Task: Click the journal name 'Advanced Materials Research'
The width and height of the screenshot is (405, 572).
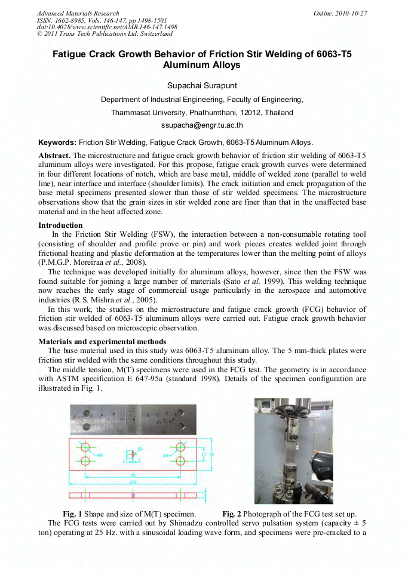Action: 78,13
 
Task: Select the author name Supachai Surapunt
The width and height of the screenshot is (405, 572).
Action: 202,85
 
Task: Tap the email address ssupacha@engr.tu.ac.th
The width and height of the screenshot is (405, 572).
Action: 202,126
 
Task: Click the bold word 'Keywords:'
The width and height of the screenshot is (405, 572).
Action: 57,143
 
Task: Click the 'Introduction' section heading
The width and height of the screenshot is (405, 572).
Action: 60,225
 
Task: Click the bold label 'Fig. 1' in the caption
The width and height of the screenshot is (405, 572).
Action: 72,514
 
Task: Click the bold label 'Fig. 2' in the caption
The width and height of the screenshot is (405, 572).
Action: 232,514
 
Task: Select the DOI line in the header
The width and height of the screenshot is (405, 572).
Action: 107,27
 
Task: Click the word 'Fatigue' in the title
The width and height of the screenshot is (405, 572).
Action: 74,54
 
